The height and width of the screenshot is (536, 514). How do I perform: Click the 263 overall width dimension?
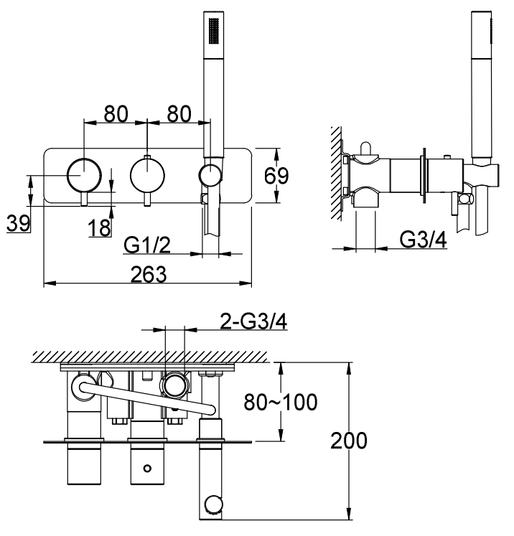click(x=149, y=274)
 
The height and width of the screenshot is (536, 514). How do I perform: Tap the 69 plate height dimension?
click(x=276, y=176)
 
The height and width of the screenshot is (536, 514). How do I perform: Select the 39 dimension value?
click(x=19, y=223)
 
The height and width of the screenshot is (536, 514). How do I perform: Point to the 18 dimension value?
click(x=100, y=227)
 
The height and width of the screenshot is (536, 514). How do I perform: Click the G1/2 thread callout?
click(x=147, y=245)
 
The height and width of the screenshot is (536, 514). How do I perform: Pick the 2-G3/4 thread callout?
click(x=253, y=321)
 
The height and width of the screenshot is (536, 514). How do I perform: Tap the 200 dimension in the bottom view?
click(x=348, y=441)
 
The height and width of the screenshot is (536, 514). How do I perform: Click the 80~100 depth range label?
click(x=281, y=402)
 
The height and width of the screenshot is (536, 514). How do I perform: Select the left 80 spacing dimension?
click(x=116, y=114)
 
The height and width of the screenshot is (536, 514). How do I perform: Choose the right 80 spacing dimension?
click(x=179, y=114)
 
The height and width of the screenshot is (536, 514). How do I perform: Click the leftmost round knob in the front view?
click(x=84, y=175)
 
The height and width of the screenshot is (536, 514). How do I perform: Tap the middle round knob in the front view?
click(x=147, y=175)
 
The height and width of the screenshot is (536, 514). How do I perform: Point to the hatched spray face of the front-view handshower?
click(x=214, y=31)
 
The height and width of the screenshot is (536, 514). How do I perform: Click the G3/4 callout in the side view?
click(x=423, y=240)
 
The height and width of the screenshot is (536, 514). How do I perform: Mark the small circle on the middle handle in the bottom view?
click(x=147, y=468)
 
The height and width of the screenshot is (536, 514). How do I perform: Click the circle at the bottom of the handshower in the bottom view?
click(x=215, y=504)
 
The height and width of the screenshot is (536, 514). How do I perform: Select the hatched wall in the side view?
click(x=336, y=174)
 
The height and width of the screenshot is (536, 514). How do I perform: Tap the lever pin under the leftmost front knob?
click(x=84, y=199)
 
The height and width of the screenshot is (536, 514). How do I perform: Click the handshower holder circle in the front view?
click(x=210, y=175)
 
